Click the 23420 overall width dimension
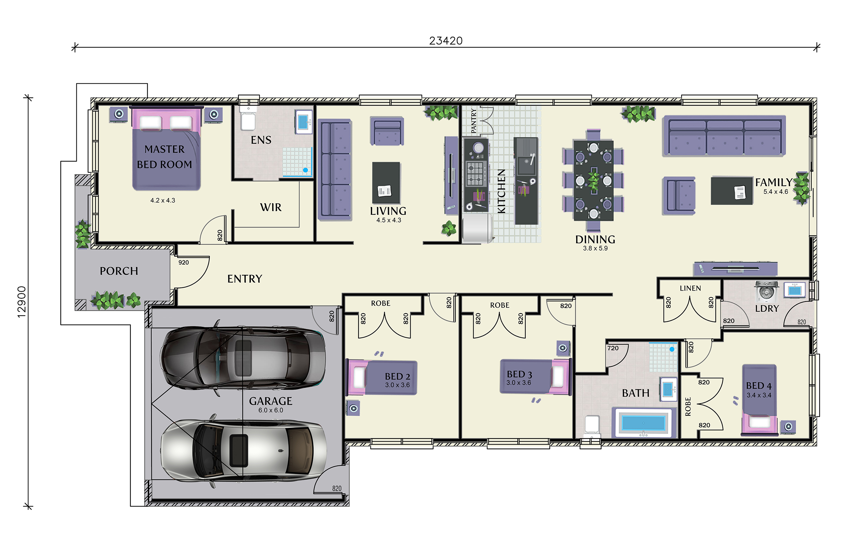446,41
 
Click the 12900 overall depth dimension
22,301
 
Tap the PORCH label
119,271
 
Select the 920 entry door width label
184,262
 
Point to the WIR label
271,207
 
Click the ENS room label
261,140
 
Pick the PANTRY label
474,121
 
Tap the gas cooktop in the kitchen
476,173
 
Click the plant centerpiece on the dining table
593,181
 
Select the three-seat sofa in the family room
724,136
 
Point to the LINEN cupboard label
690,288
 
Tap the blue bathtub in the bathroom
643,423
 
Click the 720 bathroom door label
613,348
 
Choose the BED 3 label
519,374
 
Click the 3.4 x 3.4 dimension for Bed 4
759,395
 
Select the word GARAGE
271,401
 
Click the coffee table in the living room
386,183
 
